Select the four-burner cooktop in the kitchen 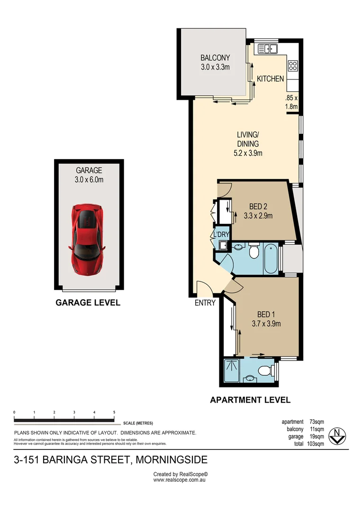(293, 66)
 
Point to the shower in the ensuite (232, 369)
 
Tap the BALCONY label (215, 58)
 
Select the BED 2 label (258, 206)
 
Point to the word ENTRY (205, 303)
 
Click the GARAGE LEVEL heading (88, 303)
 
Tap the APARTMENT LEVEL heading (250, 400)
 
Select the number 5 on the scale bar (114, 413)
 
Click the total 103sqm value (316, 444)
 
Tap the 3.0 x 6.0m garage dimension (89, 179)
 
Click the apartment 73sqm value (317, 422)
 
